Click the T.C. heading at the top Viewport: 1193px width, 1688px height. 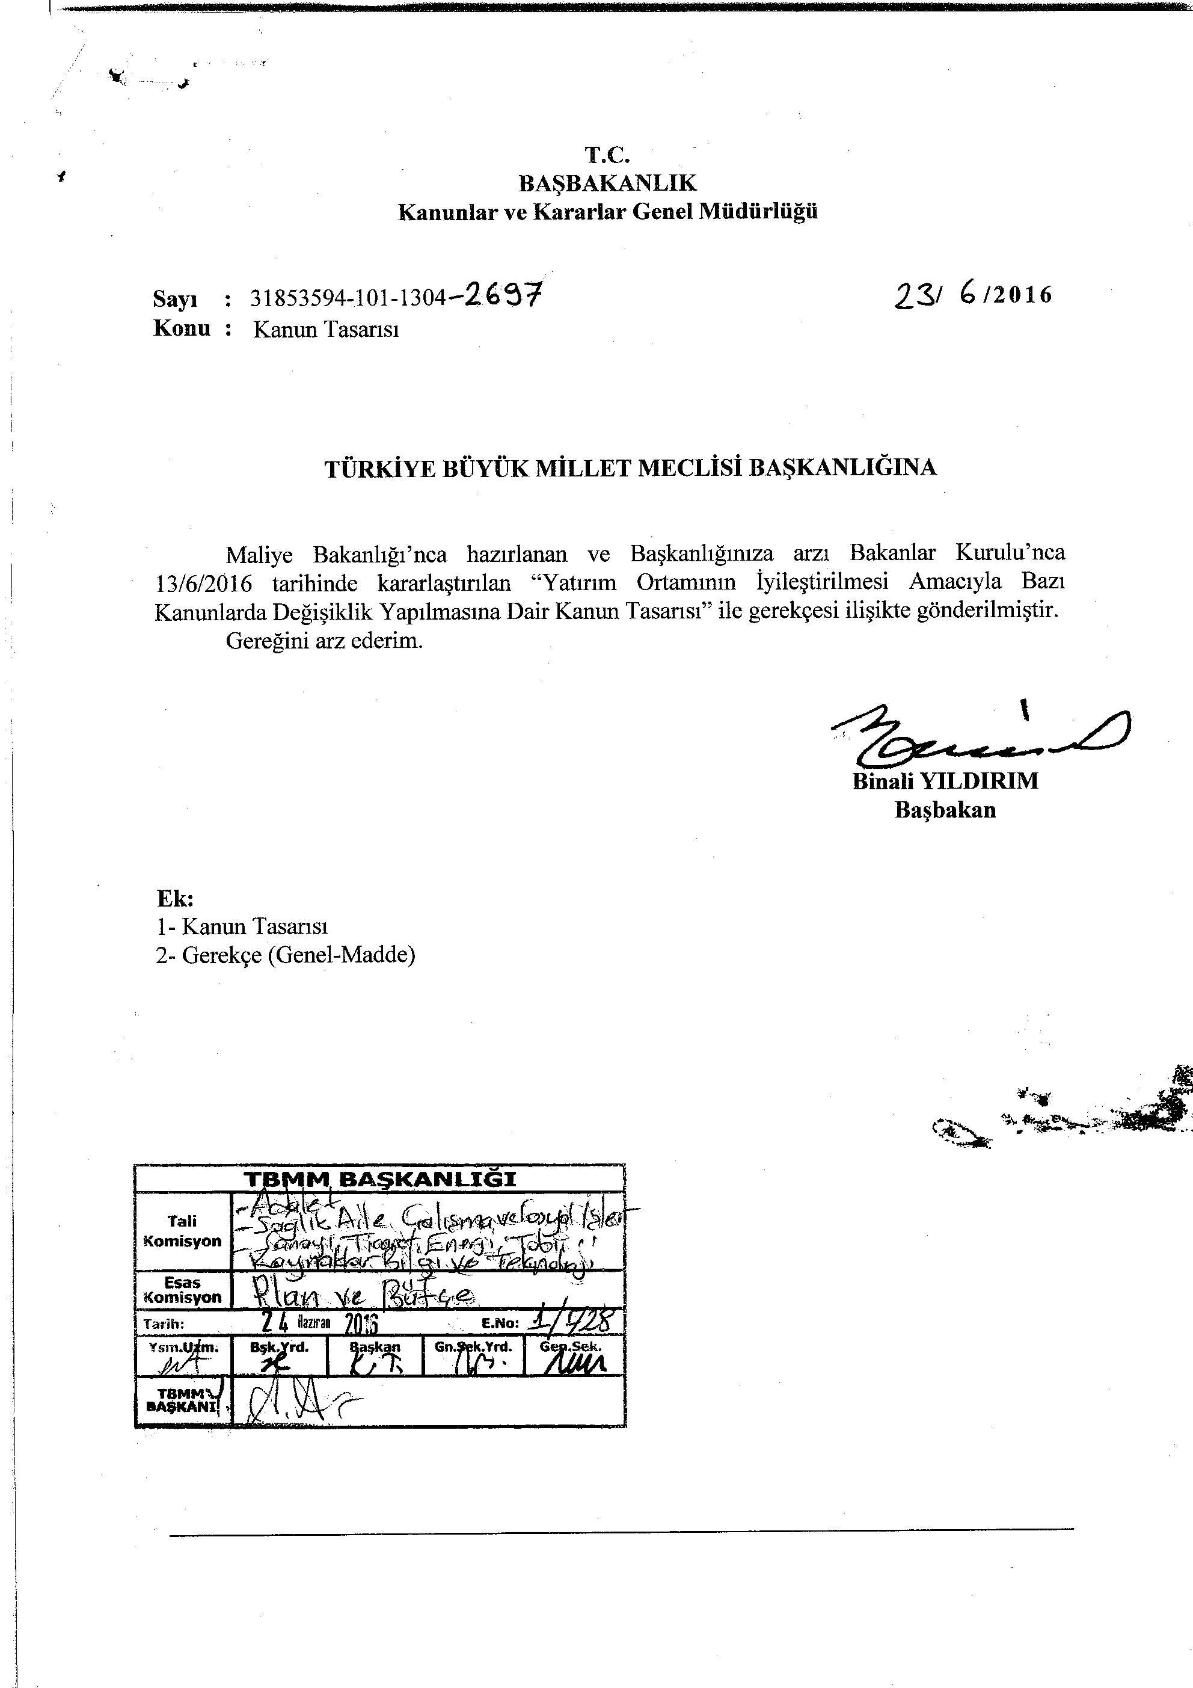[x=607, y=155]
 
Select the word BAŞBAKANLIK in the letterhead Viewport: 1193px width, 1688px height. [x=607, y=182]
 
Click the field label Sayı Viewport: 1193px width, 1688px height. [x=175, y=299]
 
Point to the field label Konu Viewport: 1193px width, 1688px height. [x=182, y=328]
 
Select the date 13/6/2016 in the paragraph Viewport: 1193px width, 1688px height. [x=204, y=584]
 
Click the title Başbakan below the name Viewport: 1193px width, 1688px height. [x=945, y=810]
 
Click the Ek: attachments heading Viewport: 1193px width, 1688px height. [x=175, y=898]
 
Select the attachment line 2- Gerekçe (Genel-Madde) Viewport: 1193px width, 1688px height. [x=285, y=955]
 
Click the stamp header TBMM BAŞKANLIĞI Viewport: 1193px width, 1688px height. [x=379, y=1179]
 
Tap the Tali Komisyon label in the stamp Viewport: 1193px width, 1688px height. [x=182, y=1231]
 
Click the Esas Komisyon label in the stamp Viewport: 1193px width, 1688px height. [x=182, y=1290]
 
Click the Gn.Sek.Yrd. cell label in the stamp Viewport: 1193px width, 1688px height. [x=473, y=1347]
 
